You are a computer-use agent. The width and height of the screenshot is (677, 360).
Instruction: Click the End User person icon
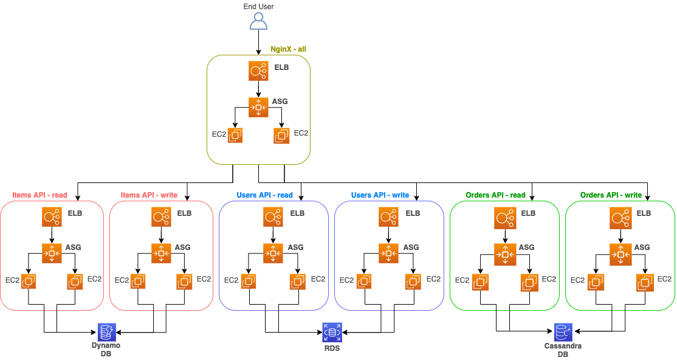click(x=258, y=21)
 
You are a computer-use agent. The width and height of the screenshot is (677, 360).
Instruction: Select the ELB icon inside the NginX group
click(x=258, y=71)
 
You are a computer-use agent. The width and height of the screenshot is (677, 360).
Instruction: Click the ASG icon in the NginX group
click(x=258, y=107)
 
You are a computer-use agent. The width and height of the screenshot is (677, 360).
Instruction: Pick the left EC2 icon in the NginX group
click(x=235, y=136)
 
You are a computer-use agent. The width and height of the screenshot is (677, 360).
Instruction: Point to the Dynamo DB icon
click(x=106, y=331)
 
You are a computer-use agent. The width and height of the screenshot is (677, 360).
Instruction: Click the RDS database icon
click(x=332, y=331)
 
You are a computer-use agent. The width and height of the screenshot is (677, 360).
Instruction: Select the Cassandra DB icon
click(x=563, y=331)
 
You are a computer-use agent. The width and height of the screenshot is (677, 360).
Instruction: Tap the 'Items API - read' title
click(x=39, y=196)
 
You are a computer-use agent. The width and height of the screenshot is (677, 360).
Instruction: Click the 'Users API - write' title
click(x=380, y=196)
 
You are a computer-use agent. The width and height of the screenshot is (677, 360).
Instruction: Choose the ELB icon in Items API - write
click(x=161, y=217)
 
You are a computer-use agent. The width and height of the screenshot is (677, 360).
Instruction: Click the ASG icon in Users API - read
click(x=273, y=252)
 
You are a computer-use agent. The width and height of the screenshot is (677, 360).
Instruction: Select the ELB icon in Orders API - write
click(x=620, y=217)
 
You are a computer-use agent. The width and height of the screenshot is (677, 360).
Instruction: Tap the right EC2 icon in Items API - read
click(x=75, y=282)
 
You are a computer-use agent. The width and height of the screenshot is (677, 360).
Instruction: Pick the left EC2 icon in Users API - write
click(x=364, y=282)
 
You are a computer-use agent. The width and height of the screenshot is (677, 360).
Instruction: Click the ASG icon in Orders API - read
click(x=504, y=252)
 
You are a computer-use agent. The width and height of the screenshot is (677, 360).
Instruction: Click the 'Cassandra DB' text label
click(x=563, y=350)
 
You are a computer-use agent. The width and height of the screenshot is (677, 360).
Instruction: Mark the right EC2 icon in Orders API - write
click(x=644, y=282)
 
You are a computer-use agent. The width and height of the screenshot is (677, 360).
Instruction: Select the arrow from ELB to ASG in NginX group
click(x=258, y=89)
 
